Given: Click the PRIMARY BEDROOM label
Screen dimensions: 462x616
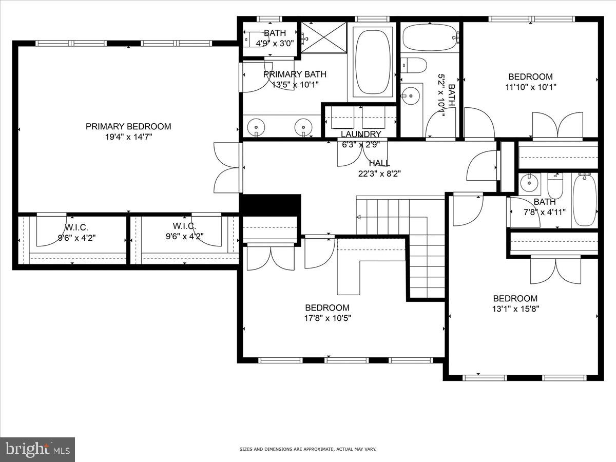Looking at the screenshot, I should pos(128,126).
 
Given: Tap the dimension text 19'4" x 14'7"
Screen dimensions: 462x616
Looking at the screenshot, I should pos(128,137).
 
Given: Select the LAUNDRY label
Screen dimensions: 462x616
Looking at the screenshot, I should pos(361,134).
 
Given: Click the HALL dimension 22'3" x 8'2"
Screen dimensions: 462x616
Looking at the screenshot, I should pos(379,174).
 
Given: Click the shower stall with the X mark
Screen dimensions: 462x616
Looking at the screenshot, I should pos(324,37).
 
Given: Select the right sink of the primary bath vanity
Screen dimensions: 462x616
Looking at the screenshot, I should pos(304,126).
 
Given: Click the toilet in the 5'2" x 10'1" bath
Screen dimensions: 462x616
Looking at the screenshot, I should pos(414,66).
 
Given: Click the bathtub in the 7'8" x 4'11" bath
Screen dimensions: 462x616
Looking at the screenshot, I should pos(585,199).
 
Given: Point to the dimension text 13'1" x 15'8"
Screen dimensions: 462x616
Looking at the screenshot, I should pos(515,309).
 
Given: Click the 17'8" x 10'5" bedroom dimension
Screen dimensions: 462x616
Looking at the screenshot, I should pos(328,318).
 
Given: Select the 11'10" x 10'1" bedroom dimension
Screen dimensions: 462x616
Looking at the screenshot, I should pos(530,87).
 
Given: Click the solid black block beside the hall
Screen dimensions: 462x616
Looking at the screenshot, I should pos(270,205).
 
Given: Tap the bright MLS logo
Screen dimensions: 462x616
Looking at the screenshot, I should pos(37,450).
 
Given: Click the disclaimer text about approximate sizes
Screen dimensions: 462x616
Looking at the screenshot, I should pos(308,449).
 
